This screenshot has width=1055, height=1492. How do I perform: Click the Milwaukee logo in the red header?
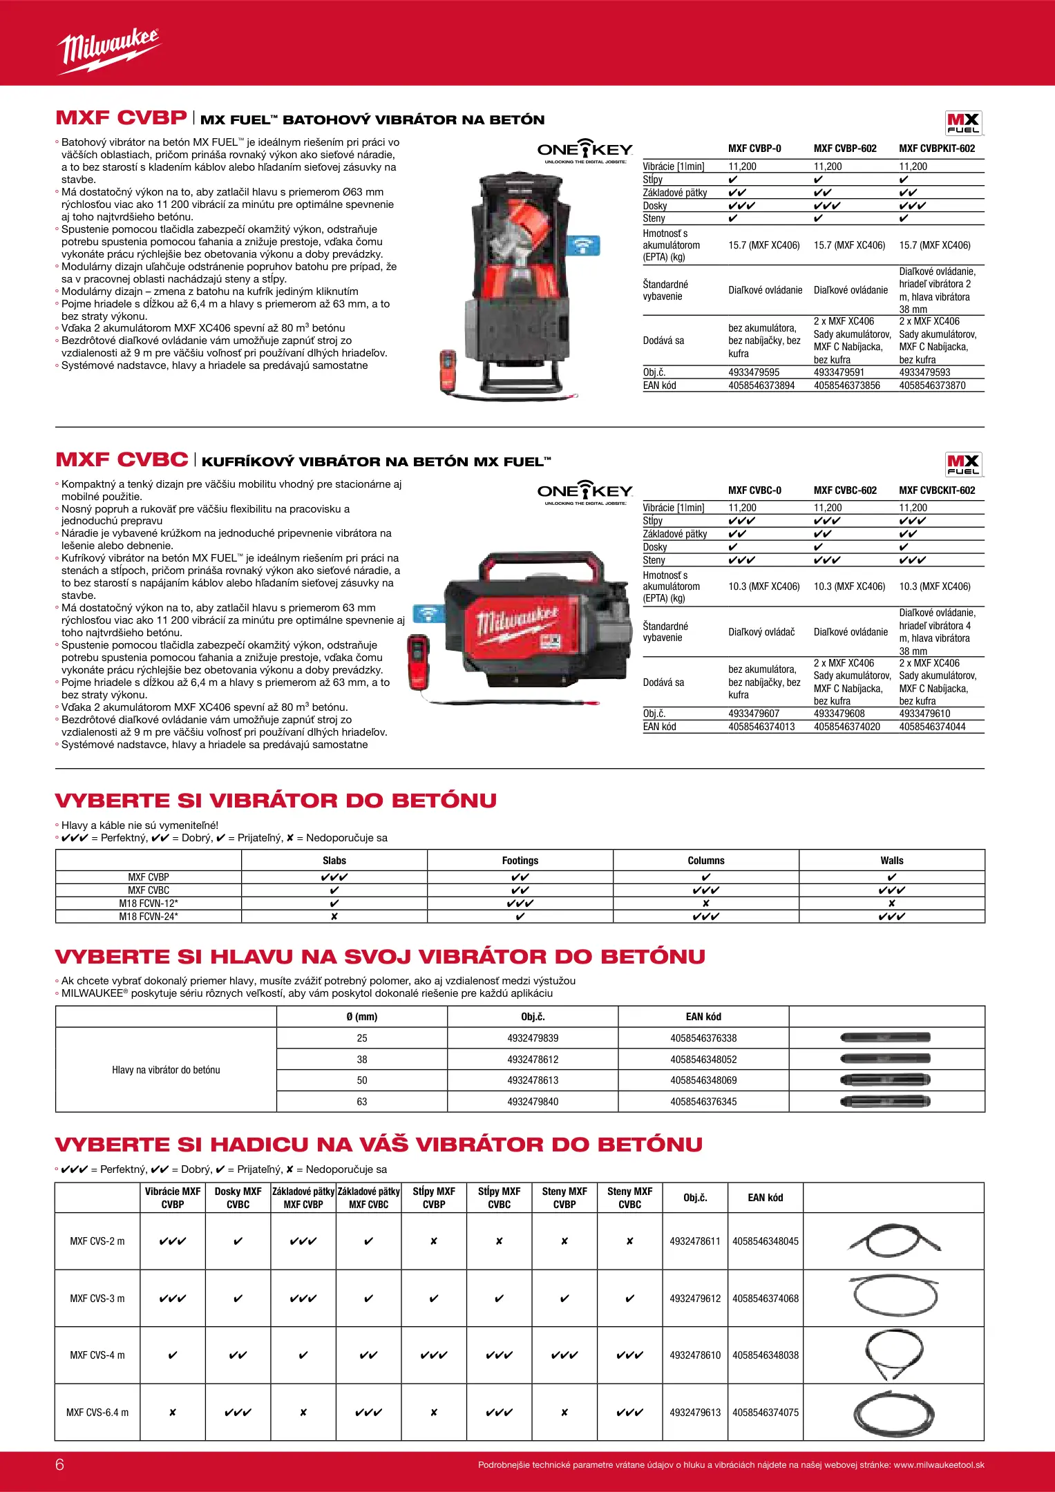[108, 50]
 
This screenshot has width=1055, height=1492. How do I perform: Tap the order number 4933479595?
[753, 372]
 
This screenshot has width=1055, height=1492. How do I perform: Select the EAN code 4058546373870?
[931, 385]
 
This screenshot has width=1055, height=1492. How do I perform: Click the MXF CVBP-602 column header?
[844, 149]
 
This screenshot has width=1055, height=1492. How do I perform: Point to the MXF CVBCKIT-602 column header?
[936, 490]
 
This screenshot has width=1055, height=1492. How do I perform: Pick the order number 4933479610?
[924, 714]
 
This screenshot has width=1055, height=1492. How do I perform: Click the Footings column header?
[520, 861]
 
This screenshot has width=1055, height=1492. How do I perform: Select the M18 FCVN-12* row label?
[149, 903]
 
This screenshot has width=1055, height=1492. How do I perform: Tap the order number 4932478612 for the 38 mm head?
[533, 1060]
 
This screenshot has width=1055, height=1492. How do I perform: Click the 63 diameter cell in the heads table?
[362, 1102]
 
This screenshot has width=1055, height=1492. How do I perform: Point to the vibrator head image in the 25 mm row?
[885, 1037]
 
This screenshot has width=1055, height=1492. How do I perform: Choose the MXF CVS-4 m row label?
[97, 1355]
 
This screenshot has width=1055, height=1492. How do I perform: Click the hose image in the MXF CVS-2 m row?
[893, 1241]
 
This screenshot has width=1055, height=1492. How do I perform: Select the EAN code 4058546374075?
[765, 1413]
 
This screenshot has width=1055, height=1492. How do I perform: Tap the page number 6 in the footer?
[59, 1464]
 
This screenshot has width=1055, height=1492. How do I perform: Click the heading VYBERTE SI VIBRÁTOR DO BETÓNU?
[276, 801]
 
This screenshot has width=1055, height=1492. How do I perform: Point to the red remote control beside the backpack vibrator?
[448, 370]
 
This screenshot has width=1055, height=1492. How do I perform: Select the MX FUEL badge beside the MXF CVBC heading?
[962, 464]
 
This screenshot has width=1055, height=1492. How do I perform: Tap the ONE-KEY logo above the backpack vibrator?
[584, 150]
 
